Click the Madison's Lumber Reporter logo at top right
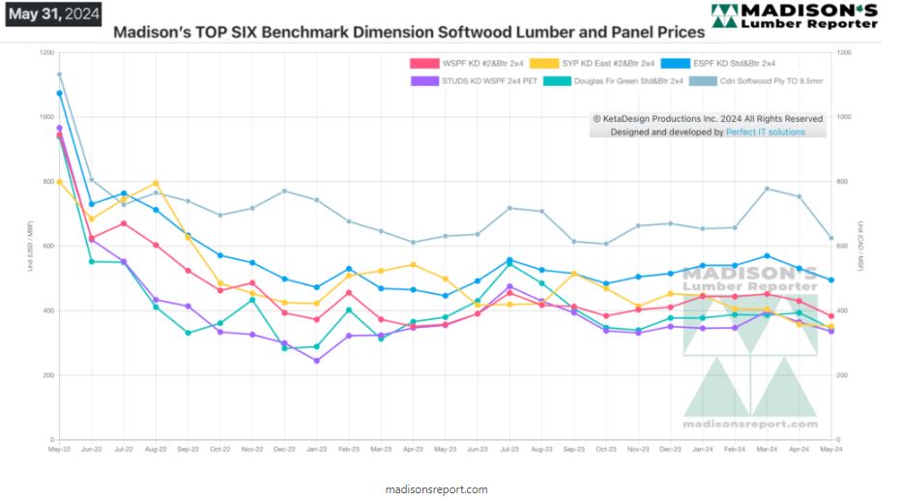click(794, 16)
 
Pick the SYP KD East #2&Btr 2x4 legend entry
click(591, 64)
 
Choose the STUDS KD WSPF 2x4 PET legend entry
click(473, 80)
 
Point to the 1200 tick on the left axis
click(47, 52)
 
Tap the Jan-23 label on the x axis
click(315, 450)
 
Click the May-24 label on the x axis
click(829, 450)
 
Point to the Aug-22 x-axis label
click(156, 450)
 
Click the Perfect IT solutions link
click(765, 132)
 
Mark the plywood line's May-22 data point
click(59, 74)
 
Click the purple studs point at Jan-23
click(316, 361)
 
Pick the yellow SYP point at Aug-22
click(156, 183)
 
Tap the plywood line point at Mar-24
click(767, 189)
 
